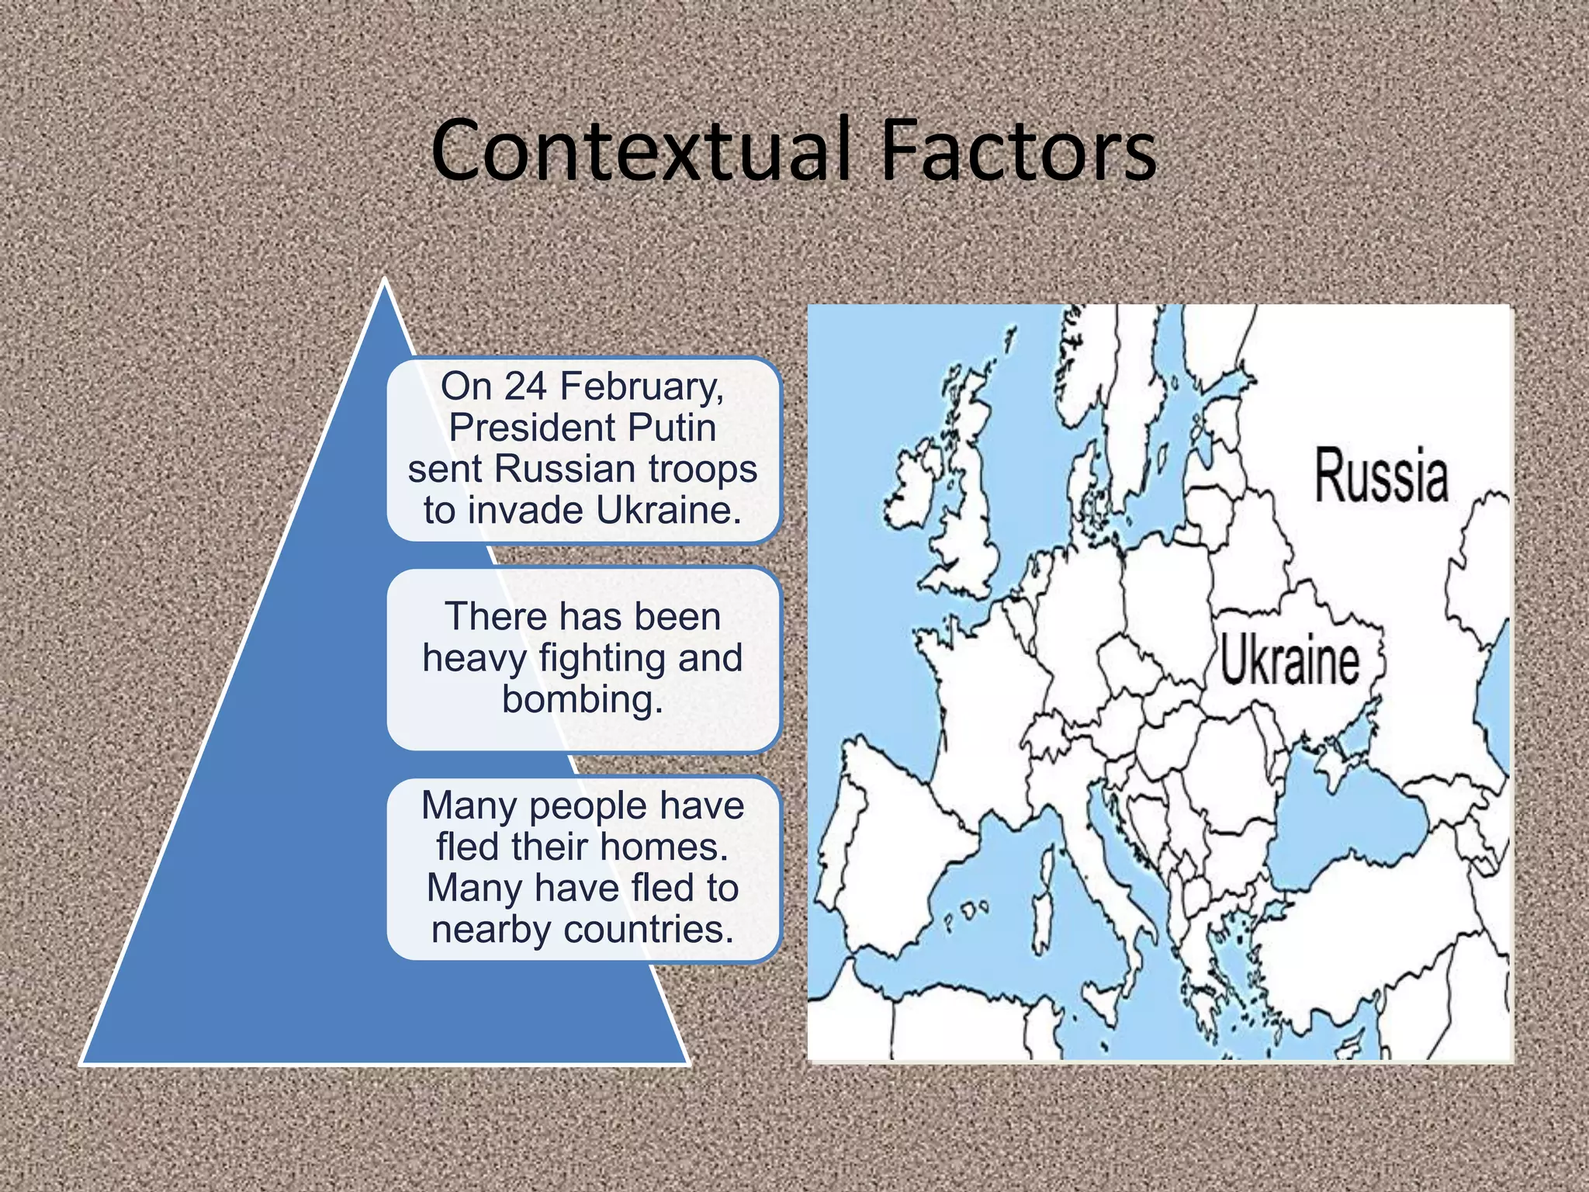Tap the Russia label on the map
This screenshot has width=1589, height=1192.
click(1381, 475)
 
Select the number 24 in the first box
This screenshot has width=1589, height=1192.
click(525, 386)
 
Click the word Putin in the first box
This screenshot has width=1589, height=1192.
click(672, 428)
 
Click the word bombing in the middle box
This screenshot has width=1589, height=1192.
click(582, 699)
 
